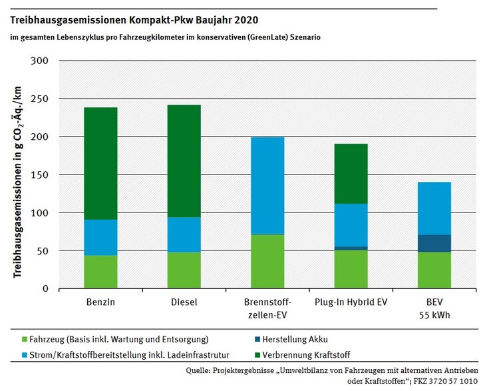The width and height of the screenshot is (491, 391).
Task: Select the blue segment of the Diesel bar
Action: [184, 234]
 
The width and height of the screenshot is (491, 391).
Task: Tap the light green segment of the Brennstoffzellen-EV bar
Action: [267, 261]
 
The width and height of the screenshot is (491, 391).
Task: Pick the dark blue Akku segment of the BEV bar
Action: [434, 243]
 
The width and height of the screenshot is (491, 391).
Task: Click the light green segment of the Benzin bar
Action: [100, 272]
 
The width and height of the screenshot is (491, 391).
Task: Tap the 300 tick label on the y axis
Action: [40, 61]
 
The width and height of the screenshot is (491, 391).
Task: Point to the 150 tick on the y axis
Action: [40, 175]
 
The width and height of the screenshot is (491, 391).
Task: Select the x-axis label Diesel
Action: [184, 302]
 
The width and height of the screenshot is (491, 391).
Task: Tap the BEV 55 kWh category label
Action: [434, 308]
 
